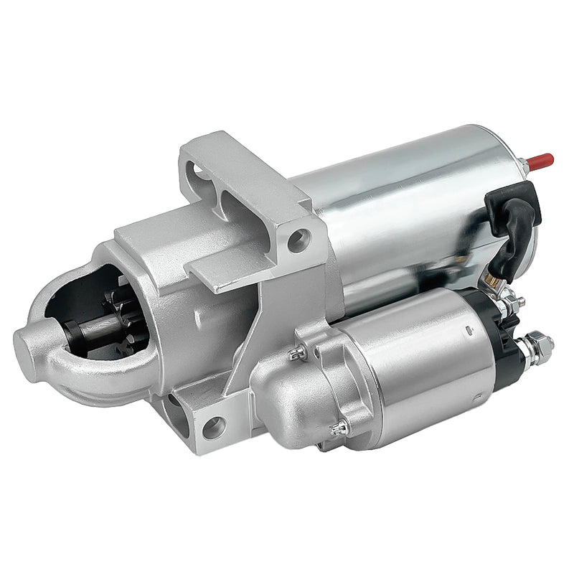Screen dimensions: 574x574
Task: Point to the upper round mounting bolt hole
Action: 300,240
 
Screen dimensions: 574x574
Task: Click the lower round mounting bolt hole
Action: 213,428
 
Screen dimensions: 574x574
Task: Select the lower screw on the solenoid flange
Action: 339,428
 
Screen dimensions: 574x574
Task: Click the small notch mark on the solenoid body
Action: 467,329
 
